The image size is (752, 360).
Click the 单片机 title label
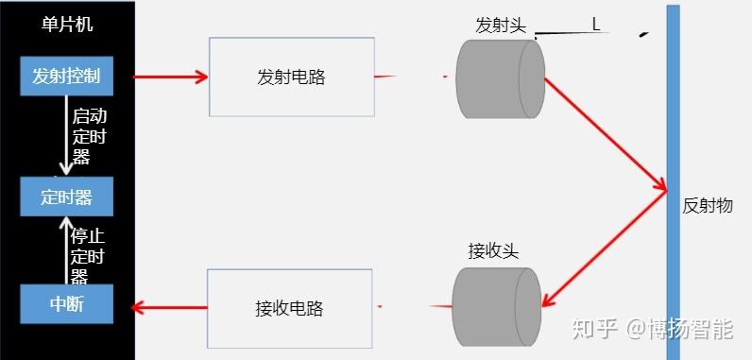[x=68, y=26]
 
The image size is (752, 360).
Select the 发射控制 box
[x=67, y=77]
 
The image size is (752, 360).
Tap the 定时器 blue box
[x=67, y=197]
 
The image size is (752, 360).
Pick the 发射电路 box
[x=291, y=77]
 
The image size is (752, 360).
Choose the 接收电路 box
[x=289, y=308]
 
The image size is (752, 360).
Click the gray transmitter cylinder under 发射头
[x=500, y=78]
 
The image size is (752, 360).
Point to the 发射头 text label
[x=500, y=26]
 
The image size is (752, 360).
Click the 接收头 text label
[x=493, y=251]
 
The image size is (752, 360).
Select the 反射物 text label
[x=707, y=205]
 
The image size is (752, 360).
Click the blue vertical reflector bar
[x=672, y=180]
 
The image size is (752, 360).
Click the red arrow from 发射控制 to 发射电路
[x=171, y=77]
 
